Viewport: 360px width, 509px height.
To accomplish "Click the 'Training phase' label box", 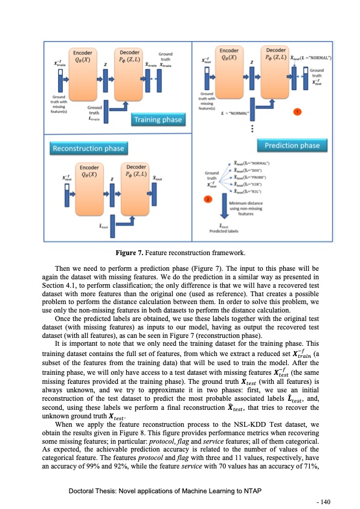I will [x=158, y=120].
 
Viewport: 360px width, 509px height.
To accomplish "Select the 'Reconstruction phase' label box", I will [x=88, y=148].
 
